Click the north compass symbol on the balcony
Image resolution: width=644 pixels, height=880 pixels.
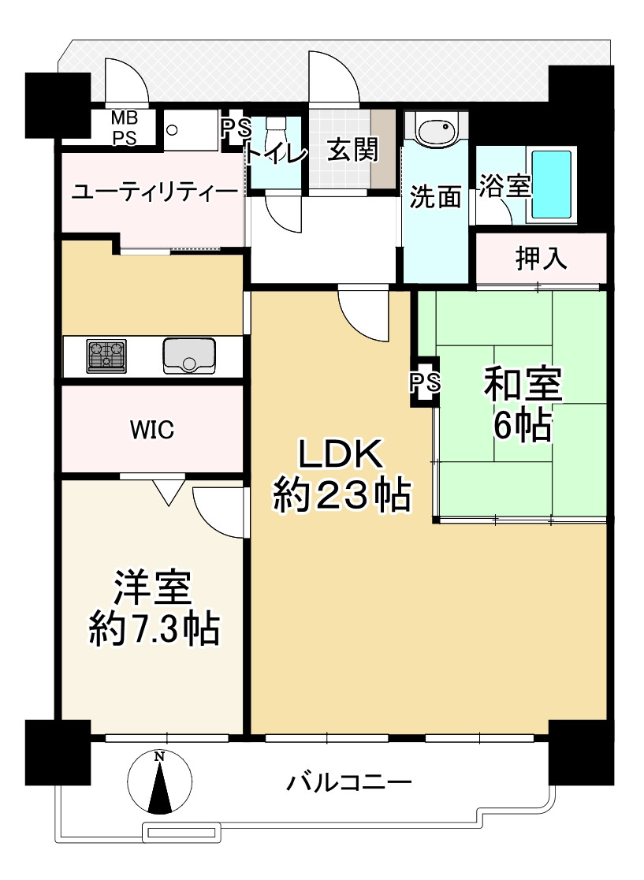coord(160,781)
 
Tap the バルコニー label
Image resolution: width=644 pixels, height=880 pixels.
coord(349,783)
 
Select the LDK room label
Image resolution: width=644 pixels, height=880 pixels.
coord(340,455)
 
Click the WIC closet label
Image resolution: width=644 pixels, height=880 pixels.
coord(152,430)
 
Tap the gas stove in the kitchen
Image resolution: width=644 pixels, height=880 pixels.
coord(106,356)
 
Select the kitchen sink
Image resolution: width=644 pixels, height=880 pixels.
coord(189,356)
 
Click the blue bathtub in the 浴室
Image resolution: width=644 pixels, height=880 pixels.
coord(551,185)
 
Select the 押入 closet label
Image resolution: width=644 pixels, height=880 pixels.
coord(541,258)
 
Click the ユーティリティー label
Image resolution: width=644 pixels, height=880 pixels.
coord(154,193)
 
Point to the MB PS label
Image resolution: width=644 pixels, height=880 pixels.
coord(122,128)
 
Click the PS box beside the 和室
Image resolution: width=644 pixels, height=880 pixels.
coord(425,383)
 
